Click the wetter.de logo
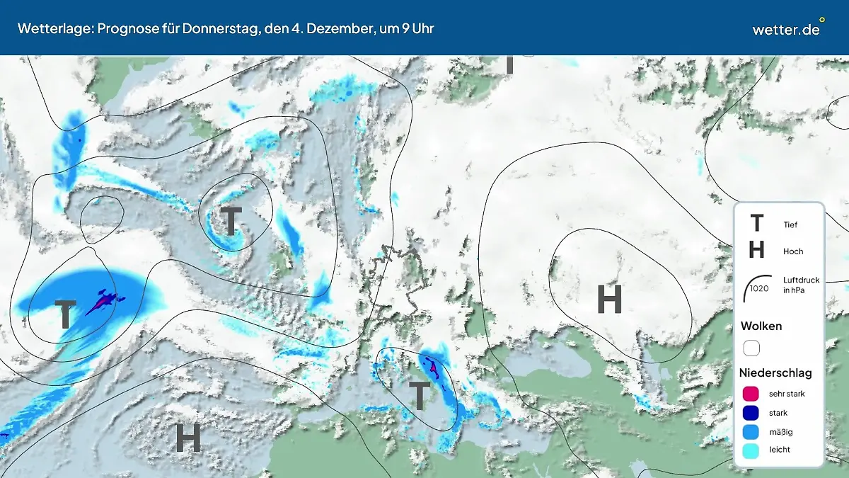(x=787, y=28)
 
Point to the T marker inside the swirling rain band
(x=231, y=222)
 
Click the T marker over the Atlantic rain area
(x=65, y=314)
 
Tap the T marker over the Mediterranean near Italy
(x=420, y=395)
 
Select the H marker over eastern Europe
(x=609, y=300)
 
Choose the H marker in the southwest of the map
(x=188, y=438)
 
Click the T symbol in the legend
(x=756, y=224)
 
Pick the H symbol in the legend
(x=756, y=250)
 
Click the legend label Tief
(x=790, y=225)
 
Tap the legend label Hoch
(x=793, y=251)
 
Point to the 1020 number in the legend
(x=759, y=288)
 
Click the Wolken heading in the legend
(x=761, y=326)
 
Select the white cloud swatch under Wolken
(x=751, y=348)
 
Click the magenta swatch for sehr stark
(x=751, y=394)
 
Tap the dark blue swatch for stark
(x=751, y=413)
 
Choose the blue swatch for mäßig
(x=751, y=431)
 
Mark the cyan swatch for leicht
(x=751, y=450)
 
